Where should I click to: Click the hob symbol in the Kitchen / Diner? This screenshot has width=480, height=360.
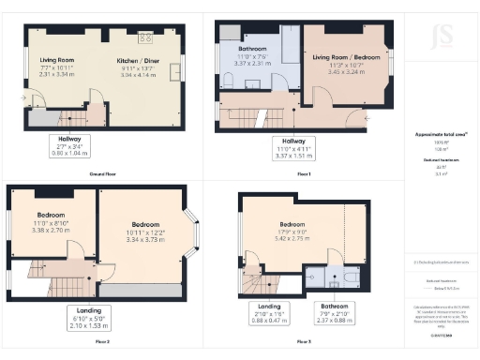click(x=146, y=37)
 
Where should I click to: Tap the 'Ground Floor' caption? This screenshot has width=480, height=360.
click(x=102, y=173)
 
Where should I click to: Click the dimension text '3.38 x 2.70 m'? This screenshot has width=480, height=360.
click(x=50, y=229)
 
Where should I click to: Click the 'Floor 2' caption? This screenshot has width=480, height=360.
click(x=101, y=342)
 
